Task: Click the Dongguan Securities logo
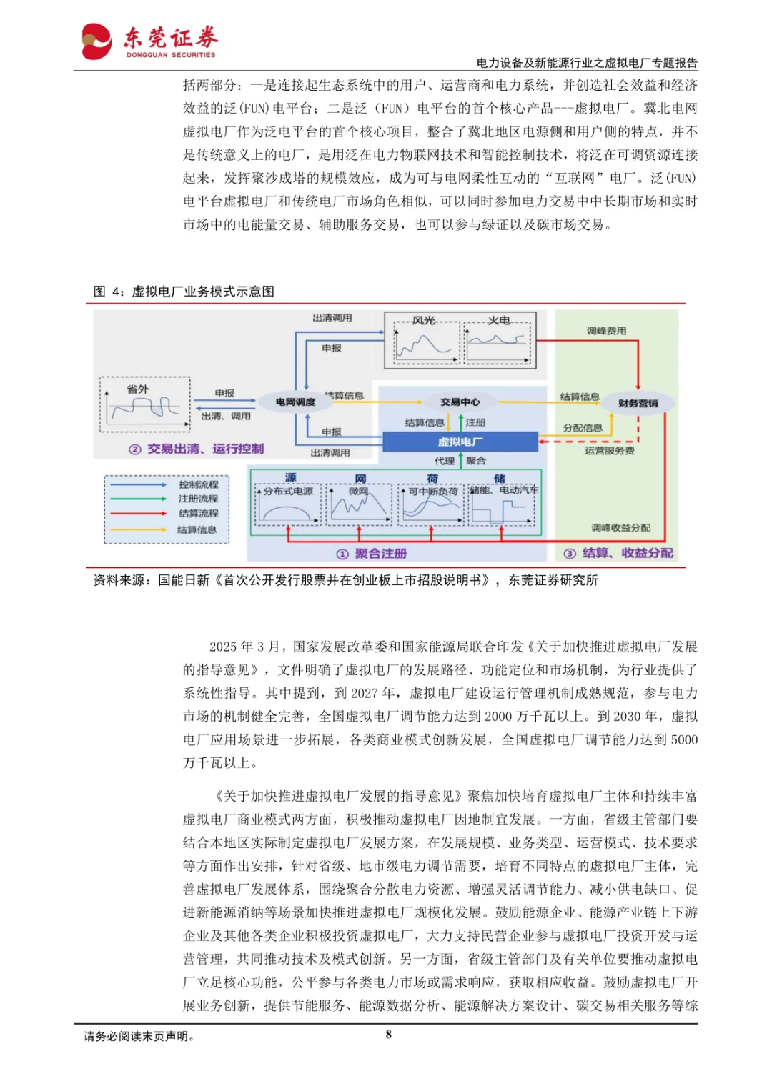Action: (x=149, y=41)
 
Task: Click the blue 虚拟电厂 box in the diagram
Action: (x=460, y=442)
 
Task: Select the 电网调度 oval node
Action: (x=295, y=402)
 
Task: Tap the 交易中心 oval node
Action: (x=460, y=402)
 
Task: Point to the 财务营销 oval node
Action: (x=638, y=404)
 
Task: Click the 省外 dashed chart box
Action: (x=145, y=404)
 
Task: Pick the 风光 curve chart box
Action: (x=424, y=341)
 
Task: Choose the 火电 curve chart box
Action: (x=499, y=341)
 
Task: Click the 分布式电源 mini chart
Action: (x=288, y=504)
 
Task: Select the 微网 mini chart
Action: (x=359, y=504)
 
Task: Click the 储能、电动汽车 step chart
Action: (x=503, y=504)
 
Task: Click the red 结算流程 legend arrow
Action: (x=139, y=514)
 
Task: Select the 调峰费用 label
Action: (x=606, y=331)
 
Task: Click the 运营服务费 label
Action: (x=609, y=451)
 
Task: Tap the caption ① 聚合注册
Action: (x=372, y=554)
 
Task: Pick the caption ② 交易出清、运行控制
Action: (x=197, y=449)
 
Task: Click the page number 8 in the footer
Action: (x=388, y=1035)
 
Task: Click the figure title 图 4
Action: (x=184, y=292)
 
